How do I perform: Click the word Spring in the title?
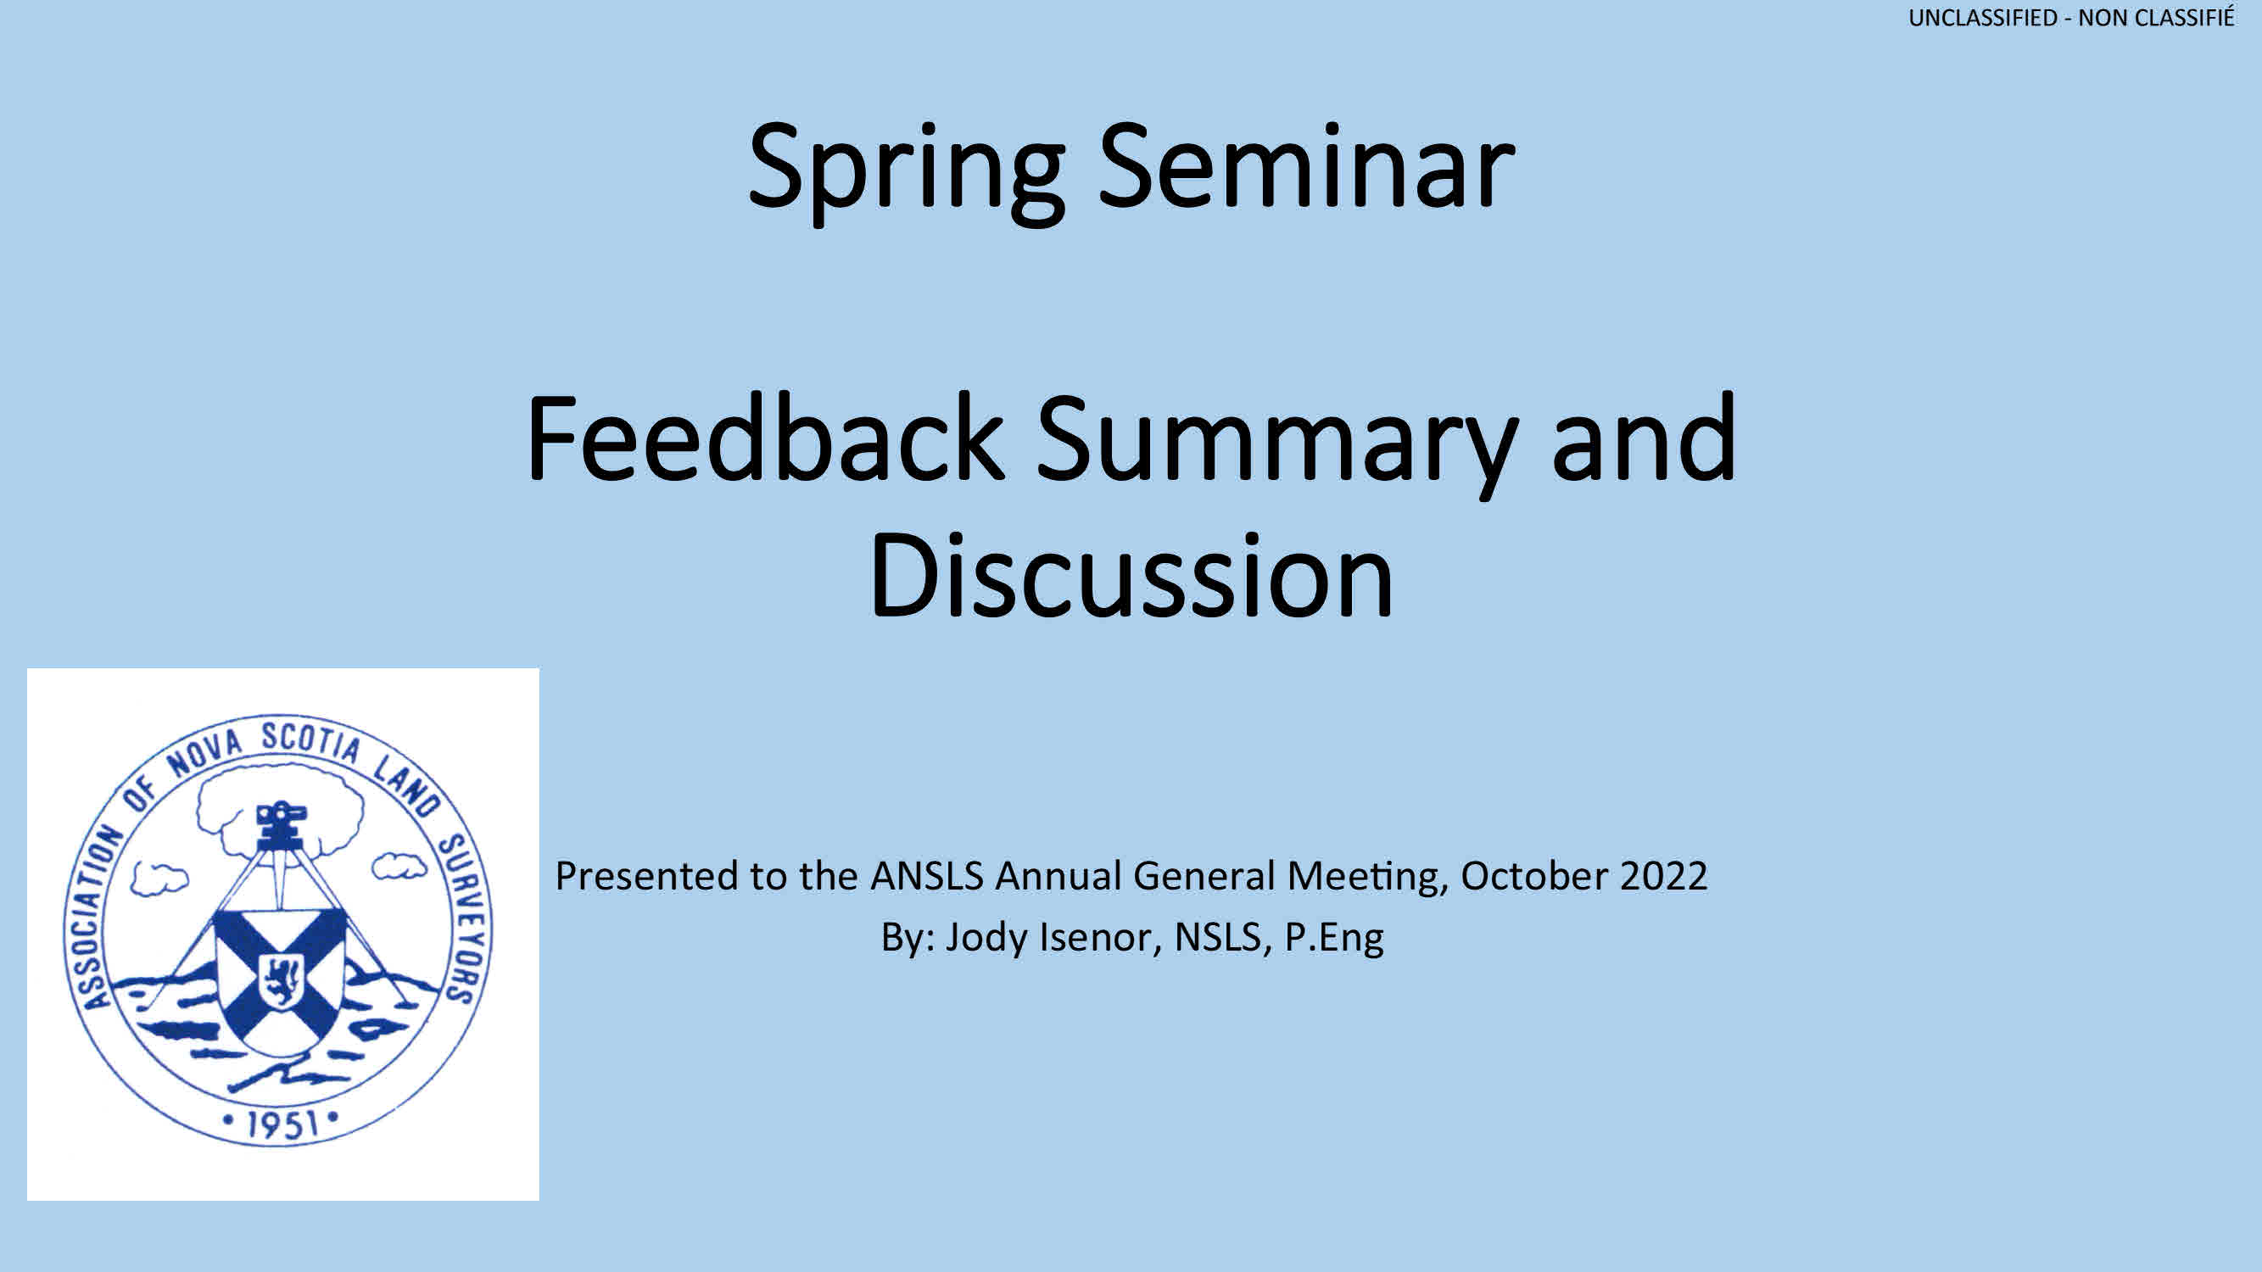(906, 172)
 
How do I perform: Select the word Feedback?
(765, 438)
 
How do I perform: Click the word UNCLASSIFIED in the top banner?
(1983, 18)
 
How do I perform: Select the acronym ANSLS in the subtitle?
(927, 876)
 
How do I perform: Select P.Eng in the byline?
(1335, 939)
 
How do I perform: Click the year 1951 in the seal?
(281, 1124)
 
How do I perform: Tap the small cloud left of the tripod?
(159, 879)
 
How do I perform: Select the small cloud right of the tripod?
(399, 866)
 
